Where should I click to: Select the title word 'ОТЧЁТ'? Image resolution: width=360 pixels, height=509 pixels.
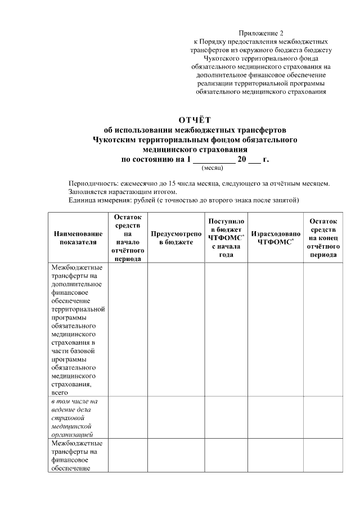pos(194,119)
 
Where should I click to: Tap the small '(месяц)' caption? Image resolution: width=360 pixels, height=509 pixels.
pos(212,167)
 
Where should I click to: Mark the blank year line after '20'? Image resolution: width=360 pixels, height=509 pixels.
pos(254,160)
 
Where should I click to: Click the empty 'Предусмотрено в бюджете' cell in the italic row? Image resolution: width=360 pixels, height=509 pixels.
pos(176,417)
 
